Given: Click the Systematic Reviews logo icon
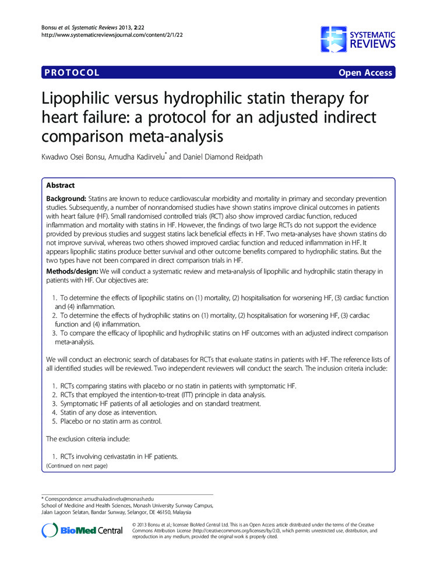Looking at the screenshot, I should pyautogui.click(x=333, y=39).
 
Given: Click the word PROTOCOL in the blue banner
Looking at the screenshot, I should pyautogui.click(x=71, y=73).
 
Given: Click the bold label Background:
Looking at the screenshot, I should pyautogui.click(x=68, y=199).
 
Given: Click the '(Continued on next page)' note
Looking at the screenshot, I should pyautogui.click(x=76, y=466).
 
